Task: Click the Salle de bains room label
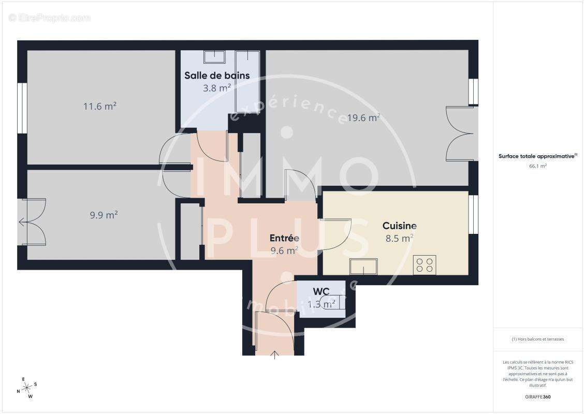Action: point(217,76)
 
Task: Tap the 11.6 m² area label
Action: point(100,107)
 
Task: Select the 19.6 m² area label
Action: point(363,117)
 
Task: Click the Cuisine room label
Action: point(399,226)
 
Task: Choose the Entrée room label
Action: point(284,238)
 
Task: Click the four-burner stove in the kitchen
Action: point(424,265)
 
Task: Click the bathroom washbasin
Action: point(213,56)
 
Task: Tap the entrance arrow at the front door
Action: point(274,354)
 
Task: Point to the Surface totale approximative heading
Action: point(537,156)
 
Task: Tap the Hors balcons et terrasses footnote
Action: point(538,339)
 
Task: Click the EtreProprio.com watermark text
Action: point(50,18)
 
